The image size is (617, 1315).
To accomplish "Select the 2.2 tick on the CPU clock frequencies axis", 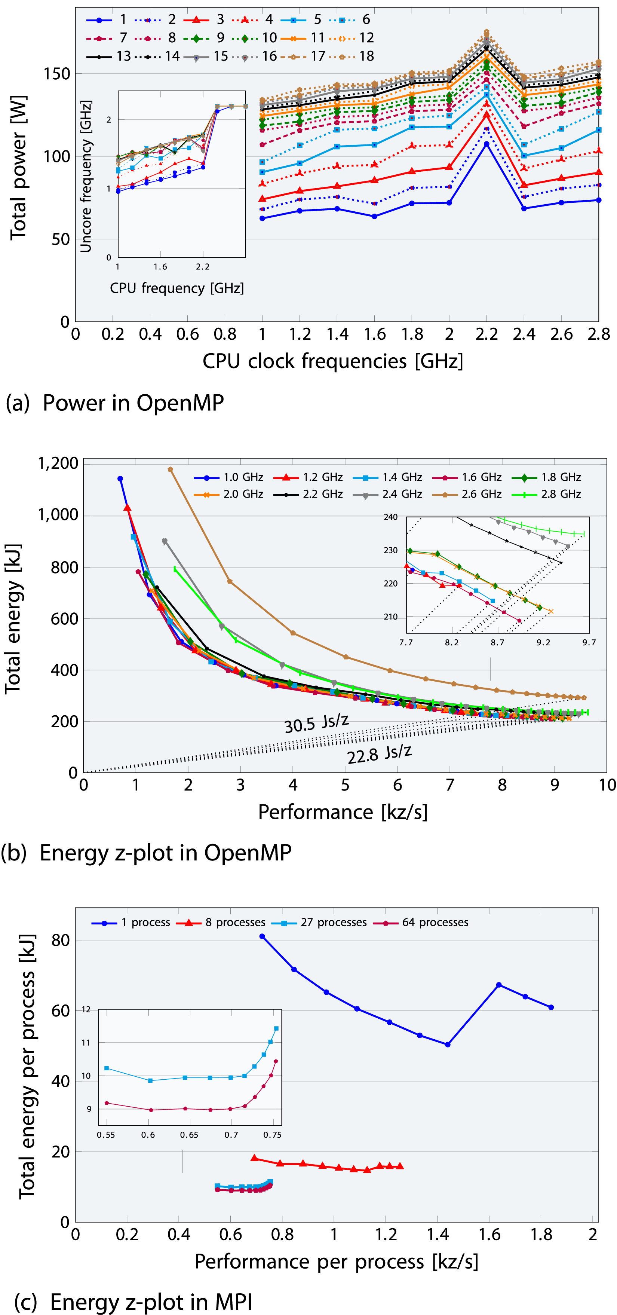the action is [486, 334].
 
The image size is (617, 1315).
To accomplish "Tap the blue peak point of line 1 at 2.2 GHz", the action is [486, 144].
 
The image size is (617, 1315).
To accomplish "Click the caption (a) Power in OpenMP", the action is [115, 403].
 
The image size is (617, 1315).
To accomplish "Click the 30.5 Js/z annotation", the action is [316, 723].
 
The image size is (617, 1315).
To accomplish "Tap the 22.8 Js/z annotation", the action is [380, 754].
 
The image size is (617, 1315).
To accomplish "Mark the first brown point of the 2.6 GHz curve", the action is [171, 470].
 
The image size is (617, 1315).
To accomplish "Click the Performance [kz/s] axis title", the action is [343, 812].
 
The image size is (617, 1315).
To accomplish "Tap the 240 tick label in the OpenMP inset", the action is [390, 517].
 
